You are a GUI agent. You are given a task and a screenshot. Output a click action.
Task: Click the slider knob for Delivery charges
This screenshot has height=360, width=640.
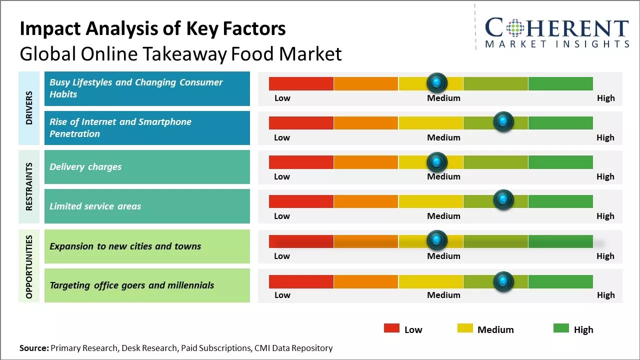pyautogui.click(x=437, y=161)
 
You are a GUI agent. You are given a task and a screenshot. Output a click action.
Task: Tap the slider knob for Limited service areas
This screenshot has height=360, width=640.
pyautogui.click(x=503, y=200)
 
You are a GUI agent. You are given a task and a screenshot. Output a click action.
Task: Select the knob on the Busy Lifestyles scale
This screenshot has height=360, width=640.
pyautogui.click(x=437, y=82)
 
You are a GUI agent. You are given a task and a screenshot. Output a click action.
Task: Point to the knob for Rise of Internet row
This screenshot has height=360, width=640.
pyautogui.click(x=503, y=121)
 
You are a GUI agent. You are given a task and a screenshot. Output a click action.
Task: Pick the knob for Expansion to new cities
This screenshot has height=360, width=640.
pyautogui.click(x=437, y=240)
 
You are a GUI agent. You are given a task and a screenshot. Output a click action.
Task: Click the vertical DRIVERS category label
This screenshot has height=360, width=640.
pyautogui.click(x=29, y=108)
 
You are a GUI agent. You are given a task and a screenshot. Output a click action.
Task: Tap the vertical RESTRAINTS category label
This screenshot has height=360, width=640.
pyautogui.click(x=29, y=186)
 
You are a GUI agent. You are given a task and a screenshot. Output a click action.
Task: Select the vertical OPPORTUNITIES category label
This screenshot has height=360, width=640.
pyautogui.click(x=29, y=266)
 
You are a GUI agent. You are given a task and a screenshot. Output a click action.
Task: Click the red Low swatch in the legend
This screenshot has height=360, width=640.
pyautogui.click(x=391, y=328)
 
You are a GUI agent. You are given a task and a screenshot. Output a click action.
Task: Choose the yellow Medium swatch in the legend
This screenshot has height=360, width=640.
pyautogui.click(x=465, y=328)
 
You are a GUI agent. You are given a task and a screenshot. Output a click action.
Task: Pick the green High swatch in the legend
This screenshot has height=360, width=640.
pyautogui.click(x=561, y=328)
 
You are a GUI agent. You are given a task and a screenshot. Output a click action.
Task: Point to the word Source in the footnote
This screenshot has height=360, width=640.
pyautogui.click(x=34, y=348)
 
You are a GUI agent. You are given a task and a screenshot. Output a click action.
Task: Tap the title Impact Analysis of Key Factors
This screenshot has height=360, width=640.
pyautogui.click(x=152, y=29)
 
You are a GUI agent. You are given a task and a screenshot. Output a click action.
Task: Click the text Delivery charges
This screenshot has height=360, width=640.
pyautogui.click(x=85, y=167)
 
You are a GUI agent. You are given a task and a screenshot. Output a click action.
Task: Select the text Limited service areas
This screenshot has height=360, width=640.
pyautogui.click(x=95, y=206)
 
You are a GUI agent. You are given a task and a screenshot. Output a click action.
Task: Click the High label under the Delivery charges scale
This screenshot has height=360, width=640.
pyautogui.click(x=605, y=176)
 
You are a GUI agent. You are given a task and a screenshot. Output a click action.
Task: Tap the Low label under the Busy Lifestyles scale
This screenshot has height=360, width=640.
pyautogui.click(x=282, y=98)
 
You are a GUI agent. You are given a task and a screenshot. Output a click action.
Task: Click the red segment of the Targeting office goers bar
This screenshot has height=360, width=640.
pyautogui.click(x=301, y=281)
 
